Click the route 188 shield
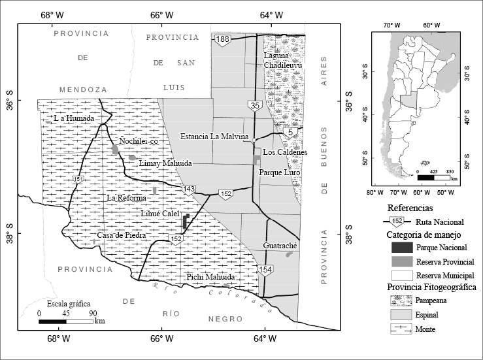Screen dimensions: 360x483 point(224,41)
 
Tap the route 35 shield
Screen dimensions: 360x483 point(254,105)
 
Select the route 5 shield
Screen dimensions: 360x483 point(290,133)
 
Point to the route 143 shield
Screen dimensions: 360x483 point(189,189)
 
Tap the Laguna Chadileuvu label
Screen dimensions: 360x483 point(280,59)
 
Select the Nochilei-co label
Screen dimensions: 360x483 point(139,140)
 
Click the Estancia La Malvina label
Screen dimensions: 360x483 point(216,137)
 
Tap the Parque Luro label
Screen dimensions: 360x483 point(279,172)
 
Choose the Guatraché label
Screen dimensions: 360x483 point(280,245)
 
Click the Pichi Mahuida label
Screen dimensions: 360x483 point(210,277)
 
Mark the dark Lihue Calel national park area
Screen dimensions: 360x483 point(186,221)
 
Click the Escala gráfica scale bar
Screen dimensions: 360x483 point(65,321)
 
